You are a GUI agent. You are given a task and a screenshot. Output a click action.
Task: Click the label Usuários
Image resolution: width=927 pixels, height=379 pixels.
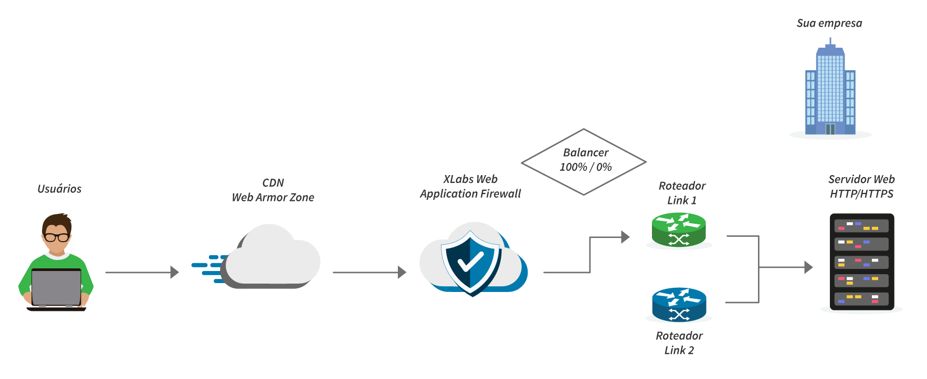click(59, 189)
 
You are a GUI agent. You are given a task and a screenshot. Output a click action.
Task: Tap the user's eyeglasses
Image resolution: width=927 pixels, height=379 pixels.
click(57, 237)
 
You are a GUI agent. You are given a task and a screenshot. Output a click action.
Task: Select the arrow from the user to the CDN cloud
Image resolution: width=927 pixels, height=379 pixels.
click(142, 273)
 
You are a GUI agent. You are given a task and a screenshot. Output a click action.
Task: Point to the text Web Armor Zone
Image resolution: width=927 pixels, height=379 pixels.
click(273, 198)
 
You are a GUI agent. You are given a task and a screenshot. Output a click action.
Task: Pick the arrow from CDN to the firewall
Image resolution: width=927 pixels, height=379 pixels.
click(370, 273)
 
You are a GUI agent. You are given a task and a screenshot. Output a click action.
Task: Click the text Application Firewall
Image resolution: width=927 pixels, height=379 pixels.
click(470, 194)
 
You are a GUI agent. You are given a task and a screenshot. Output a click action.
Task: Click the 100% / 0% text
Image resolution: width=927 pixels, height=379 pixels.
click(586, 167)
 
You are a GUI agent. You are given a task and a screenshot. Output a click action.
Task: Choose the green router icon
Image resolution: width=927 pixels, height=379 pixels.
click(679, 230)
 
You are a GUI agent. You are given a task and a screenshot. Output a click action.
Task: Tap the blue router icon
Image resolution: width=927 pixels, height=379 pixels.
click(679, 305)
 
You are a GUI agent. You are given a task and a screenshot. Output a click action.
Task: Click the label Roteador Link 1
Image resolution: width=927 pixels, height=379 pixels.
click(682, 193)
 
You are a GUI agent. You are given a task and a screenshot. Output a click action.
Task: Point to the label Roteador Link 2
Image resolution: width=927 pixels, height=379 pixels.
click(679, 343)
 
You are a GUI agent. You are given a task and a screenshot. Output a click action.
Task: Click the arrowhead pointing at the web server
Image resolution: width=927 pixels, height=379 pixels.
click(809, 267)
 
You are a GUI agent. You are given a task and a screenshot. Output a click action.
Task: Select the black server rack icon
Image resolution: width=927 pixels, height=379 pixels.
click(862, 262)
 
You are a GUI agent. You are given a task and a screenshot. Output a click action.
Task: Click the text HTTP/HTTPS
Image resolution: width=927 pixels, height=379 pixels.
click(861, 194)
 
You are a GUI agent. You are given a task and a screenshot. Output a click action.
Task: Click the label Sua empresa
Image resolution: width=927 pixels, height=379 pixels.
click(829, 23)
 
